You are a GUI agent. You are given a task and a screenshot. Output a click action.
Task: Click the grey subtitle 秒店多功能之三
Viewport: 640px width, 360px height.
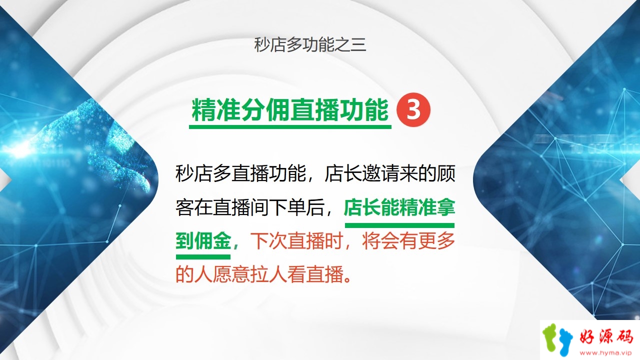310,45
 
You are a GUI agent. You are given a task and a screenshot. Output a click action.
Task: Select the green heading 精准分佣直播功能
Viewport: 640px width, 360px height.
290,109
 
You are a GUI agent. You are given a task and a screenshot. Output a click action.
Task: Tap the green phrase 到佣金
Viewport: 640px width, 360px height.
203,241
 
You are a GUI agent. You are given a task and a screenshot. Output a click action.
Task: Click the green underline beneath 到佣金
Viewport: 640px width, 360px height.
203,257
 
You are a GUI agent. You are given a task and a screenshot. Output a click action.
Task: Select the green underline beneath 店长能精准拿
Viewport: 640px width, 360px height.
399,225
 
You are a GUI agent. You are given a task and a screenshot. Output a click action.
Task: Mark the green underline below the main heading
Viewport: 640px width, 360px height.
290,126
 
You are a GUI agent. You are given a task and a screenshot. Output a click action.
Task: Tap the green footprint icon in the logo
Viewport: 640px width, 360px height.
549,337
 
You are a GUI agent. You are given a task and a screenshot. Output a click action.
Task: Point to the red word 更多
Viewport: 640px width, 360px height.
436,241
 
